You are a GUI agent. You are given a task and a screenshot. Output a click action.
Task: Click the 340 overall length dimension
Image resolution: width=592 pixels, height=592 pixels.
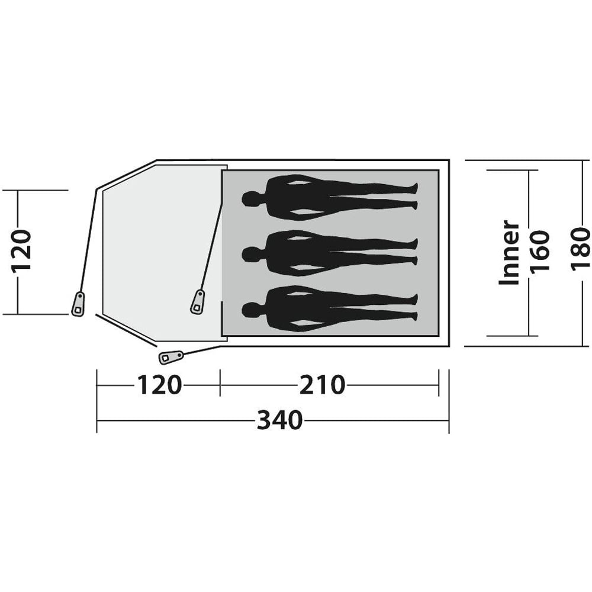coord(280,420)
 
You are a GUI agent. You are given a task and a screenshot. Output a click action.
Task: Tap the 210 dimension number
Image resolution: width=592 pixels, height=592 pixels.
coord(322,385)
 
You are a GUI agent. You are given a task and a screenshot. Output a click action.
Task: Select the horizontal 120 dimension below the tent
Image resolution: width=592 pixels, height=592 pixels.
coord(159,385)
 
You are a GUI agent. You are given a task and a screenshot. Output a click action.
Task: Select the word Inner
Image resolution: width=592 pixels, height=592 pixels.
coord(509,252)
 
